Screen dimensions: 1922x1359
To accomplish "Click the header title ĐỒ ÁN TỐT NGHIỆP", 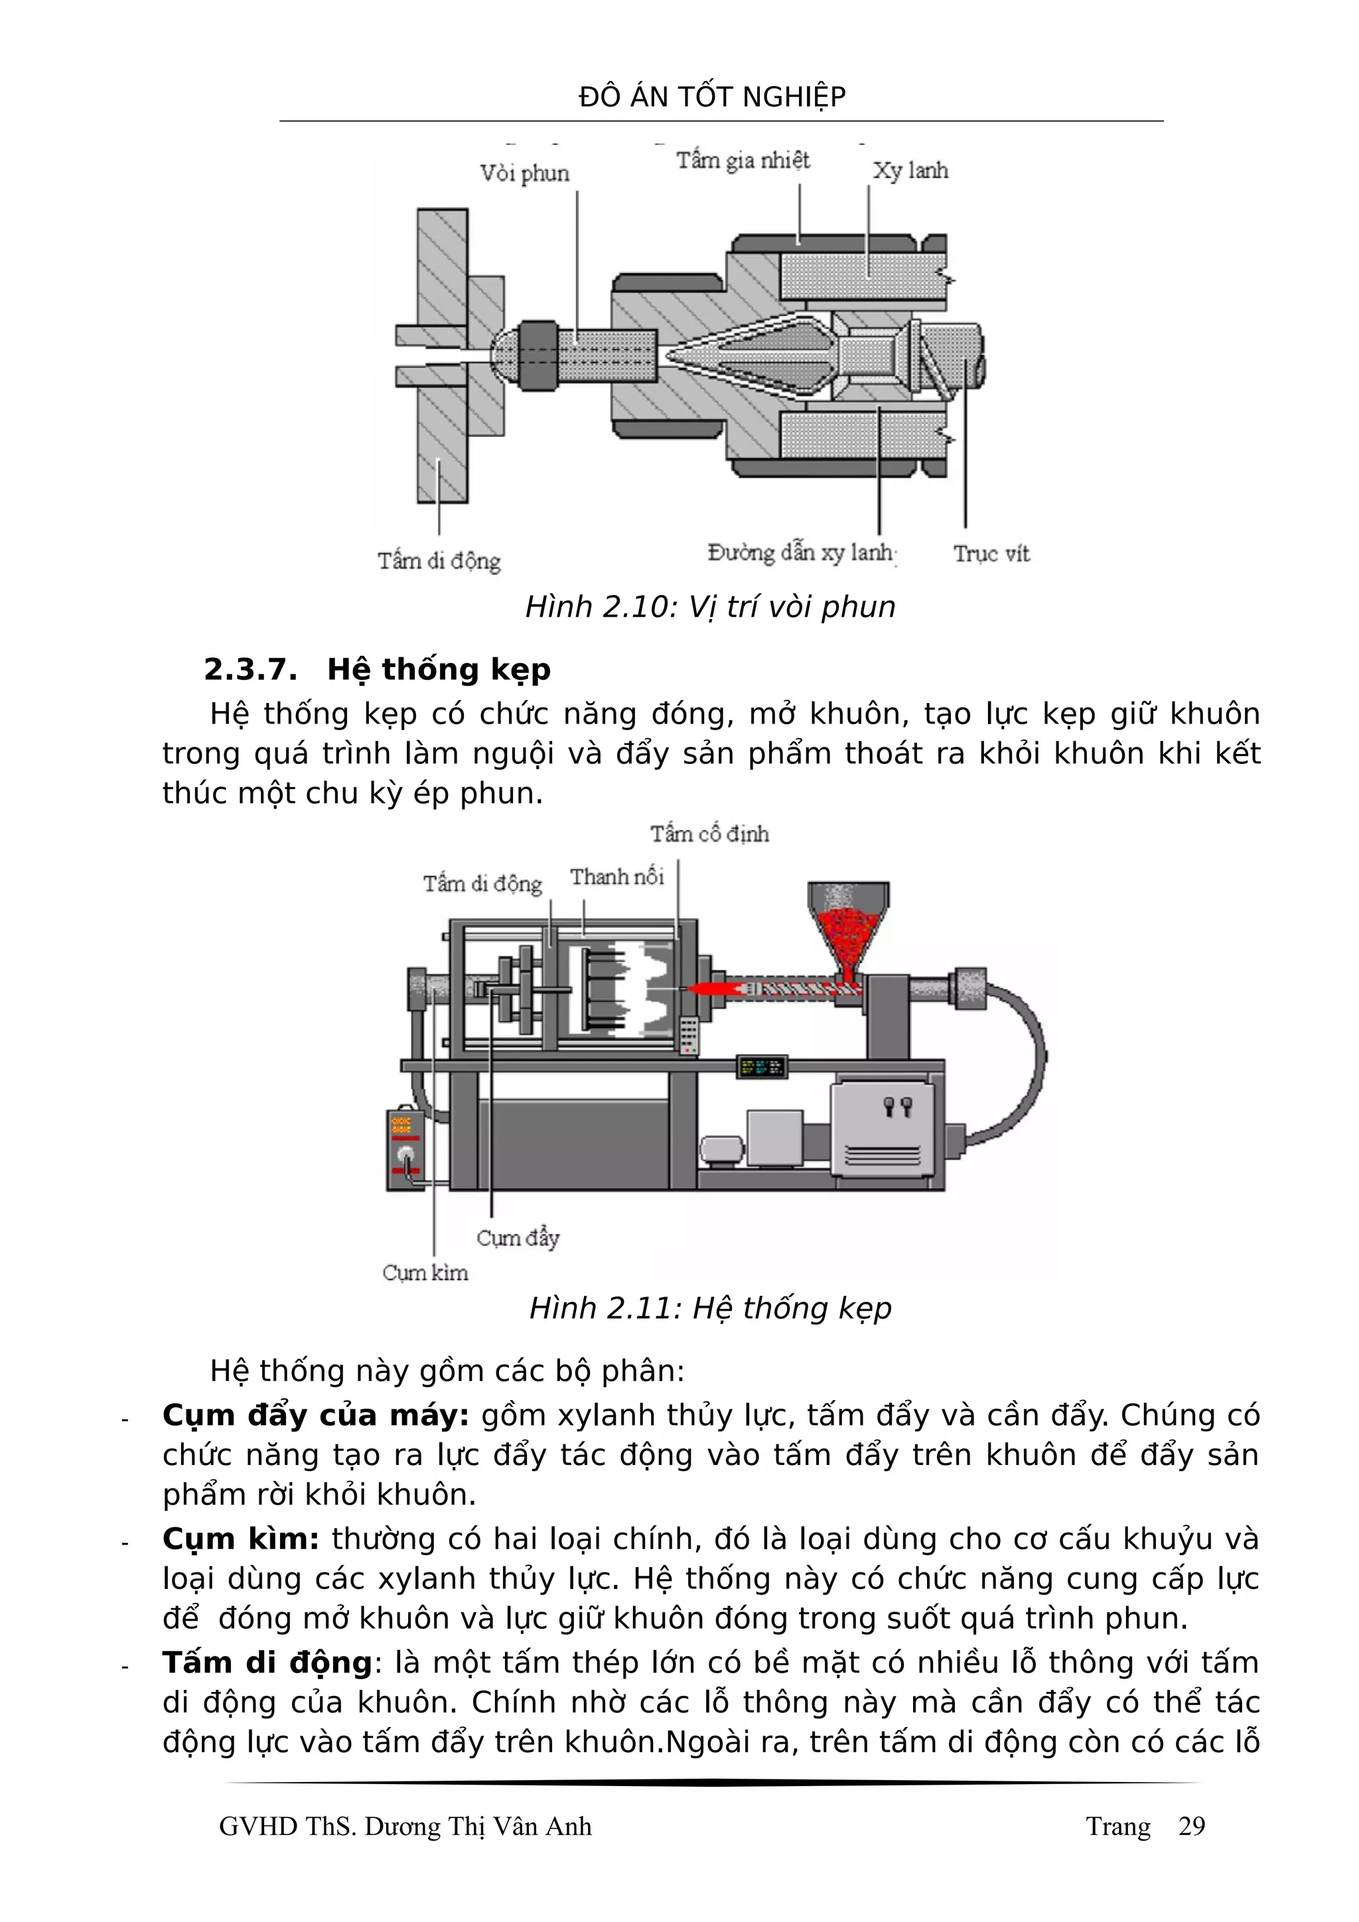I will (712, 97).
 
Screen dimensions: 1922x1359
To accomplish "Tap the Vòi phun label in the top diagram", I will (524, 173).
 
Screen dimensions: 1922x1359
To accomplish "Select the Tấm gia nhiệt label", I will (743, 160).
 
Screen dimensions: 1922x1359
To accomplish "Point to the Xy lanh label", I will (910, 170).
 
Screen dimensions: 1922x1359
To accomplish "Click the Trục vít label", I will (991, 553).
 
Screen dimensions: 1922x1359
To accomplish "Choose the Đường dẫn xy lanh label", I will (802, 552).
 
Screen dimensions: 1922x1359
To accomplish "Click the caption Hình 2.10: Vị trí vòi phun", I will (710, 607).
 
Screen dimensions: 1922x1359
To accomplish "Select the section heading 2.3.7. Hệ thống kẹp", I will (377, 670).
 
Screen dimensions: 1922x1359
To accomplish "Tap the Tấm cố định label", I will (709, 834).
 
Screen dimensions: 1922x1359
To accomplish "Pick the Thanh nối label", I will (617, 877).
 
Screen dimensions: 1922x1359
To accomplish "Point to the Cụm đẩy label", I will (518, 1238).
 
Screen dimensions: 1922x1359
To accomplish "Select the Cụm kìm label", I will (425, 1273).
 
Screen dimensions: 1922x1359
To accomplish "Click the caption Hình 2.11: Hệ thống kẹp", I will (710, 1308).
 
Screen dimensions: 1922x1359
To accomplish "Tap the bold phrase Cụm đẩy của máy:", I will (316, 1415).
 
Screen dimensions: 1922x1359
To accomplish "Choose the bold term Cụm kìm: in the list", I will (240, 1539).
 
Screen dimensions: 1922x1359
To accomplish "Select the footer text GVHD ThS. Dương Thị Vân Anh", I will (405, 1826).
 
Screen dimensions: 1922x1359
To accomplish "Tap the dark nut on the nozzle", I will (537, 355).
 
